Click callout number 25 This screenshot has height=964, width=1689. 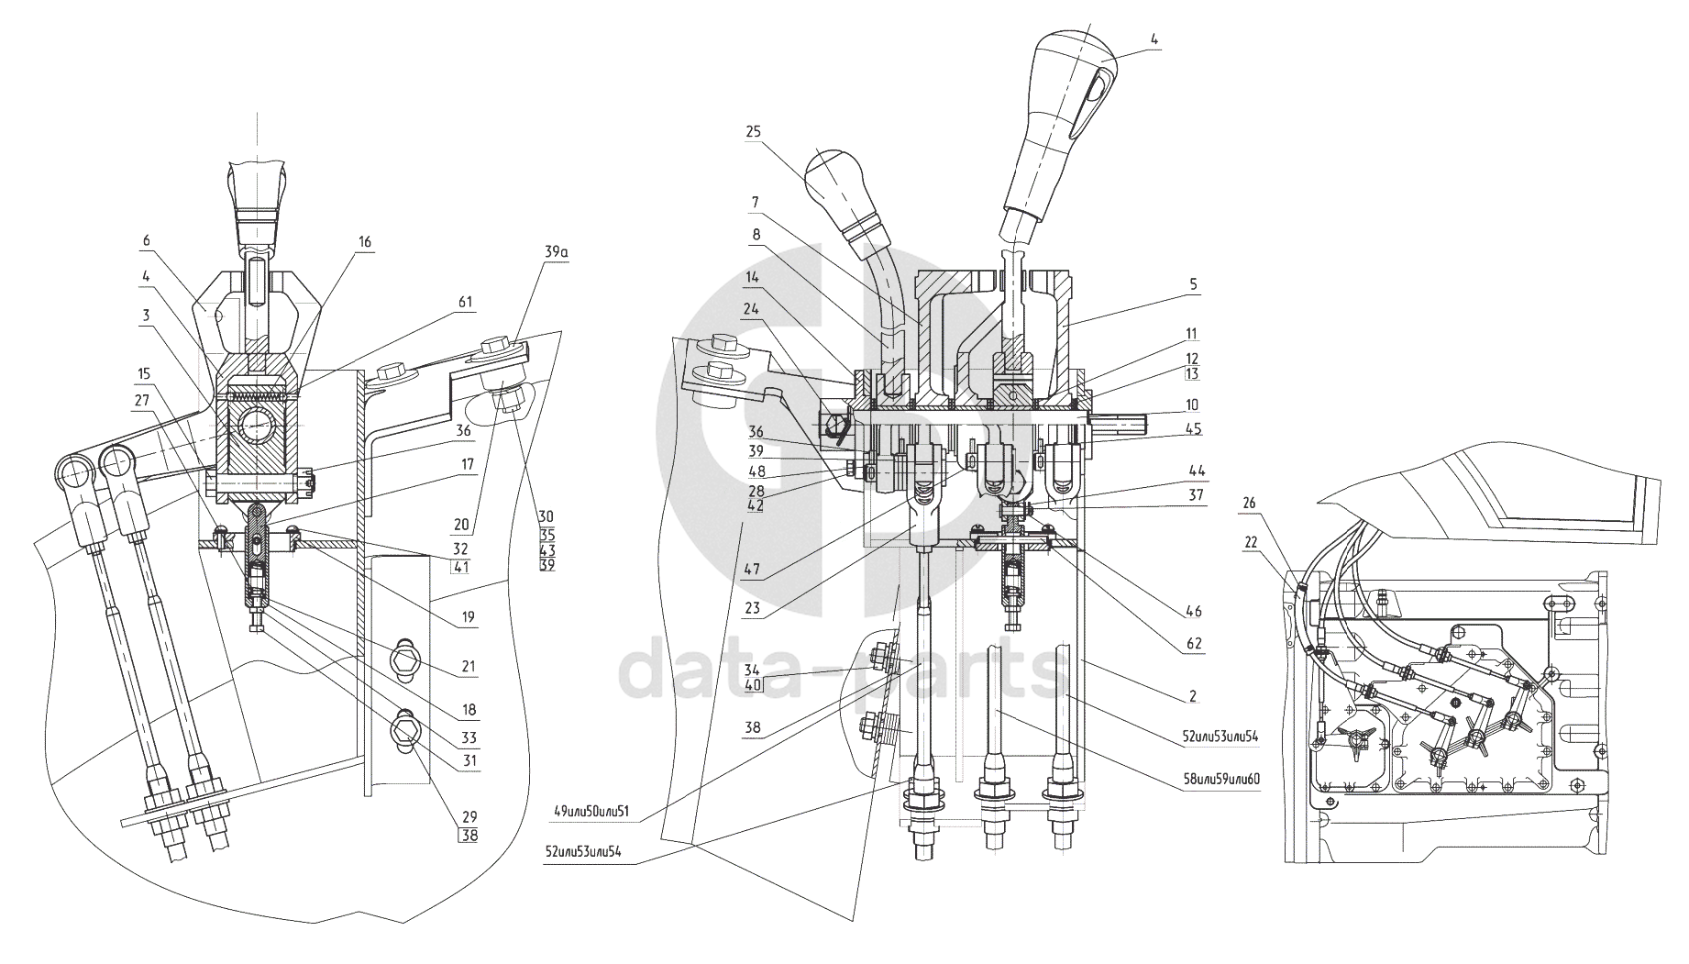coord(753,131)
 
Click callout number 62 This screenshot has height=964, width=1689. coord(1193,645)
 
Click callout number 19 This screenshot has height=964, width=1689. coord(469,618)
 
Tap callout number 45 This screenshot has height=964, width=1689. coord(1192,428)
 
